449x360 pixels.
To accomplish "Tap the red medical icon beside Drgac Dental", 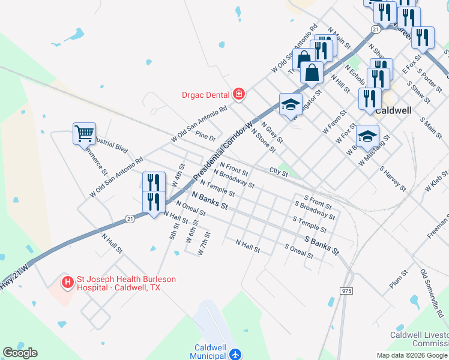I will coord(239,94).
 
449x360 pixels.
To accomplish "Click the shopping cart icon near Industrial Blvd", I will coord(84,133).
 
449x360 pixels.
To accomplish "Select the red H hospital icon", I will coord(68,280).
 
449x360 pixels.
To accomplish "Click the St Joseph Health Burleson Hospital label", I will coord(116,283).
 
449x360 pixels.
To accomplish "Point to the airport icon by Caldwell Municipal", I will coord(235,354).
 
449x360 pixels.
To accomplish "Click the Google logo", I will coord(20,353).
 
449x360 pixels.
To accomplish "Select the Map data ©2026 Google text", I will coord(412,355).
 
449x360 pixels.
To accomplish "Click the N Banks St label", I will coord(210,200).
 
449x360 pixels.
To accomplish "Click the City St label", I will coord(279,172).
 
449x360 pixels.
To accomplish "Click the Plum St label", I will coord(398,280).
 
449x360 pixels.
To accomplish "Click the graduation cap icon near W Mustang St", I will coord(368,135).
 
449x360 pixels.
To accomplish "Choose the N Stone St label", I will coord(264,139).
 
